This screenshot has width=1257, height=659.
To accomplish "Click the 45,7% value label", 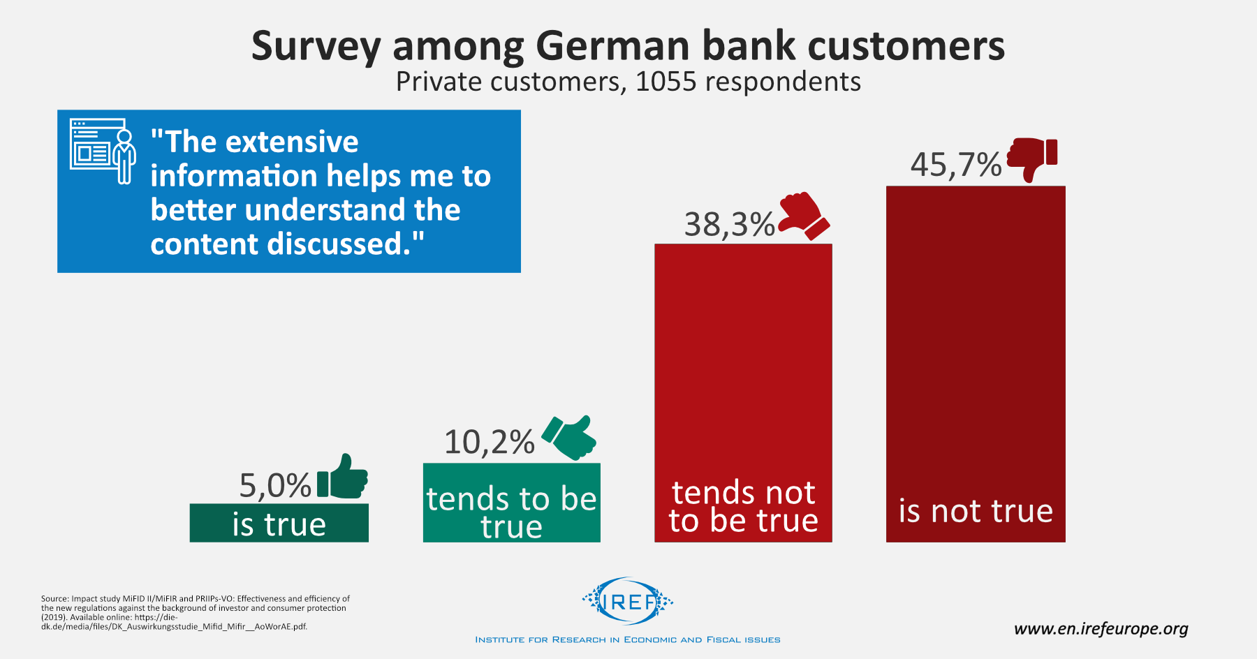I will [x=955, y=165].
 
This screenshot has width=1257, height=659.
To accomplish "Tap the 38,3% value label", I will [x=729, y=225].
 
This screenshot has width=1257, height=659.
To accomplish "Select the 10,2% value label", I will [x=489, y=442].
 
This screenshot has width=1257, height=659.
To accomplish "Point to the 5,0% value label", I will [x=274, y=486].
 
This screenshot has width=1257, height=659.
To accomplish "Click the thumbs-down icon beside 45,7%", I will [x=1032, y=158].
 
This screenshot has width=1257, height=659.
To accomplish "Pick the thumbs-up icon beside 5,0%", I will [x=343, y=477].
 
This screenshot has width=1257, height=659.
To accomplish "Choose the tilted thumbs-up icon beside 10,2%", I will [x=570, y=437].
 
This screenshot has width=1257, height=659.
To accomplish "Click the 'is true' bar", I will [x=279, y=524].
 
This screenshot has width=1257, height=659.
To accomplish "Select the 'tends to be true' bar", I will [x=511, y=503].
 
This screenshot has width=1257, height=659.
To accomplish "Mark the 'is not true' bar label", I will [x=976, y=511].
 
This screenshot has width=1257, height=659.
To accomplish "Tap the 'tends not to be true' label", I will [x=743, y=507].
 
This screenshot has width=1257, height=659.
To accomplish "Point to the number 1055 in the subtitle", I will [x=666, y=82].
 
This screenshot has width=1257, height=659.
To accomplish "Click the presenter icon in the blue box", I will [x=103, y=151].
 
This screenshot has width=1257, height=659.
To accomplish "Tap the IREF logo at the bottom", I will [x=628, y=601].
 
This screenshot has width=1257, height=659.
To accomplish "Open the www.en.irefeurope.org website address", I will [x=1101, y=629].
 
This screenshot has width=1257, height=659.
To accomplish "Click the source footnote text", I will [x=195, y=612].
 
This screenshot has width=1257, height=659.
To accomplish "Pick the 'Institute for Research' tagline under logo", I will [x=627, y=639].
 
